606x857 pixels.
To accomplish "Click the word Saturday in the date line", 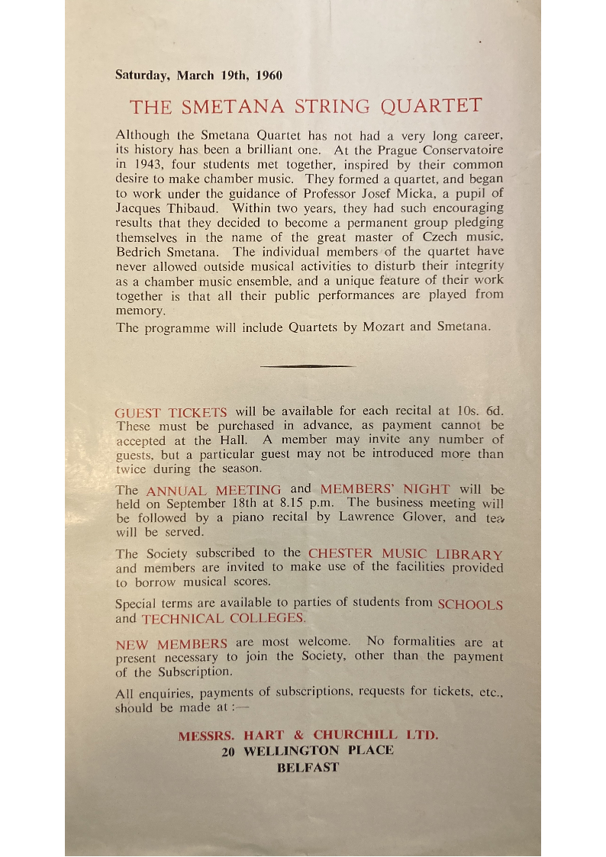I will point(143,76).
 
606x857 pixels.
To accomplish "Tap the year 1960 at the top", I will point(269,76).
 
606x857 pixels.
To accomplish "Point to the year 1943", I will point(148,164).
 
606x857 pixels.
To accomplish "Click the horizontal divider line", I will point(307,366).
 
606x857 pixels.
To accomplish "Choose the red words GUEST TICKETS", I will point(171,412).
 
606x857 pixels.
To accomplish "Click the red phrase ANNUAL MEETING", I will point(214,490).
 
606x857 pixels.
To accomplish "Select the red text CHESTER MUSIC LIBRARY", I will point(405,554).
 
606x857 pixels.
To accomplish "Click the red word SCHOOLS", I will point(470,604).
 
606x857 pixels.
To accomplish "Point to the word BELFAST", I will point(308,768).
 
